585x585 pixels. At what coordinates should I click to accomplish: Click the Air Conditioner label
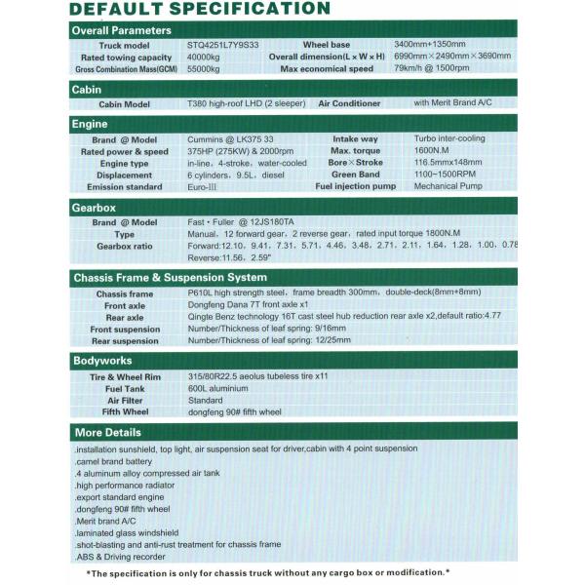pyautogui.click(x=351, y=103)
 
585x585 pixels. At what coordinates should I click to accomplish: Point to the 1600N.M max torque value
pyautogui.click(x=432, y=151)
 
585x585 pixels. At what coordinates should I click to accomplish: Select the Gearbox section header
pyautogui.click(x=96, y=209)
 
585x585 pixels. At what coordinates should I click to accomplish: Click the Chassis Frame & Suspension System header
pyautogui.click(x=170, y=278)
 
